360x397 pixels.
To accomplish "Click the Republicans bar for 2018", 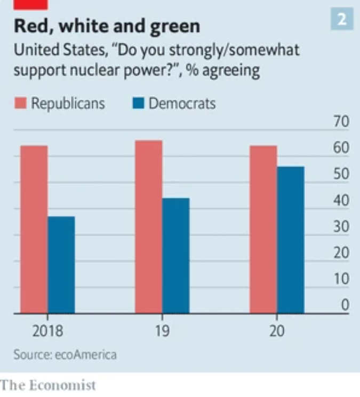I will pos(34,229).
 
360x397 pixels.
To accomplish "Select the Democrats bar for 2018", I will pos(61,265).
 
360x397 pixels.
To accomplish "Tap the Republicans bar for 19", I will pos(148,227).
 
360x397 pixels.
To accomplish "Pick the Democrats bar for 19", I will pos(175,256).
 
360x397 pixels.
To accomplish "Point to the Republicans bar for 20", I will pos(263,229).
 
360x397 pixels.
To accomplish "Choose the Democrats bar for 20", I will pos(291,240).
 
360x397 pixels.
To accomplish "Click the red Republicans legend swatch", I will pos(20,103).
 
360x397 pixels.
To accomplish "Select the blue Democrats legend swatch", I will pos(138,103).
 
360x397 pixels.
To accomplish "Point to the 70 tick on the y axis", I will pos(341,122).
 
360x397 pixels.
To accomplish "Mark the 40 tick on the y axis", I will pos(341,201).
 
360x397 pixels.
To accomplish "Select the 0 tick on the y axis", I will pos(345,305).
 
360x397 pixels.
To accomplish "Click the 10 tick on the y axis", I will pos(341,279).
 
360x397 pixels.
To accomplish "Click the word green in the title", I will pos(172,26).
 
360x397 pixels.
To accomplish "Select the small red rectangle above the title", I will pos(31,4).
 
